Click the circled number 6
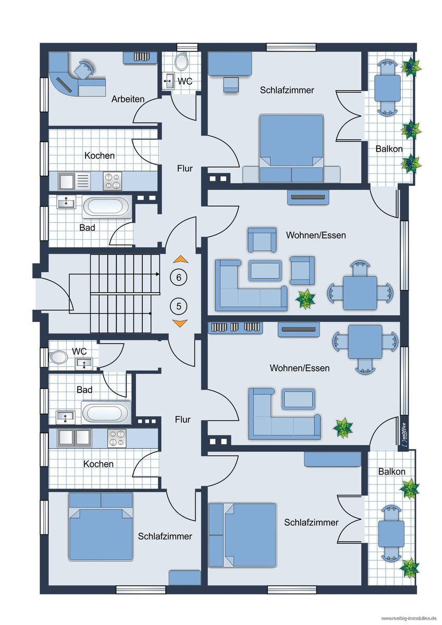tap(179, 277)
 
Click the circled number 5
tap(179, 306)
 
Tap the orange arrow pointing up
tap(180, 259)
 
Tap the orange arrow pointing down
tap(180, 323)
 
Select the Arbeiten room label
tap(128, 99)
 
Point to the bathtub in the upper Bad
tap(107, 207)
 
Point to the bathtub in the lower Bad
tap(106, 413)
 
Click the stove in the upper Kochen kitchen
tap(112, 181)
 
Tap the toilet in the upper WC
tap(181, 61)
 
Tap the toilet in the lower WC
tap(58, 357)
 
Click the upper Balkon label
tap(389, 149)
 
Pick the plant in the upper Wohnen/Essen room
tap(305, 299)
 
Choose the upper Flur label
tap(185, 168)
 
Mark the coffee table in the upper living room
tap(264, 270)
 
